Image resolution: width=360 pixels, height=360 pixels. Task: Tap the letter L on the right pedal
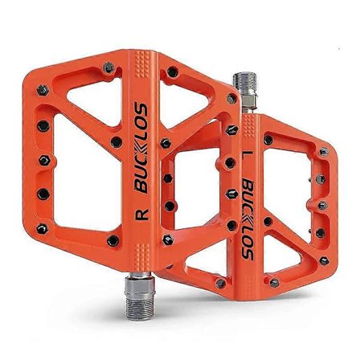pyautogui.click(x=245, y=150)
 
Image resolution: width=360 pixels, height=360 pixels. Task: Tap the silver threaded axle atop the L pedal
pyautogui.click(x=243, y=88)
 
